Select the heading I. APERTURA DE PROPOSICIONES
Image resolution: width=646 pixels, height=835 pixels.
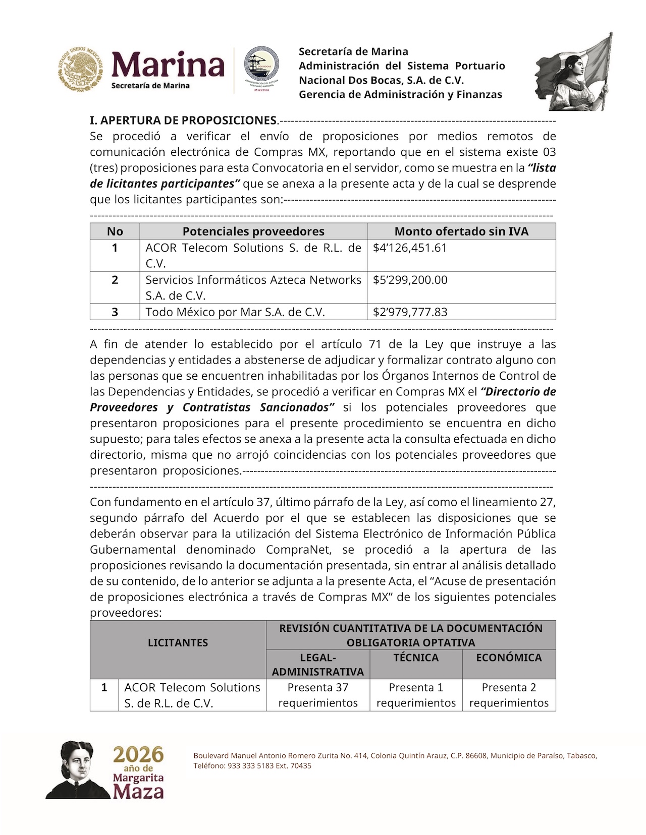tap(184, 121)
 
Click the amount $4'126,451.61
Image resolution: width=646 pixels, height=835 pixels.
tap(410, 248)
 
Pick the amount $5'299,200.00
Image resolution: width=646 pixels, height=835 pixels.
tap(410, 280)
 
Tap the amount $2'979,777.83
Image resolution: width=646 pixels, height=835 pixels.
tap(410, 312)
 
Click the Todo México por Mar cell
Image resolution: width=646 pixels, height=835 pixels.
tap(235, 312)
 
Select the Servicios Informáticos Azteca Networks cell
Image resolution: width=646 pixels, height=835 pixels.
tap(253, 287)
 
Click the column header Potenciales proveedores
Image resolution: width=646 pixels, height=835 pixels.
tap(253, 231)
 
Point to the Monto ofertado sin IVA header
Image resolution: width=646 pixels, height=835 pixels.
tap(461, 231)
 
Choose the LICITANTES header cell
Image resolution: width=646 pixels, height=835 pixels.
tap(178, 642)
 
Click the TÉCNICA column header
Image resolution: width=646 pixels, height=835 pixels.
tap(416, 658)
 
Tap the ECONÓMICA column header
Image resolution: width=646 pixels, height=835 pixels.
tap(509, 658)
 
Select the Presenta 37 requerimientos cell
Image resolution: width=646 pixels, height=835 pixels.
tap(318, 695)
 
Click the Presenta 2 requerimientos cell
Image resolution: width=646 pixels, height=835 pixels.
tap(509, 695)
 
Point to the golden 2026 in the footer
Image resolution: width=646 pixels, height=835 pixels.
tap(138, 755)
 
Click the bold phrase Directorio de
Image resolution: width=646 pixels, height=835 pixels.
tap(519, 392)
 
